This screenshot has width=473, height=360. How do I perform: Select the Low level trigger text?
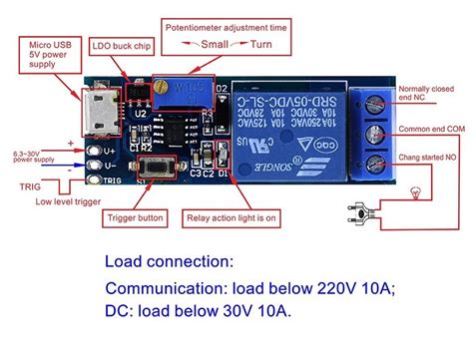(69, 201)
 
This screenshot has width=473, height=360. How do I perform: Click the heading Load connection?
(169, 263)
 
